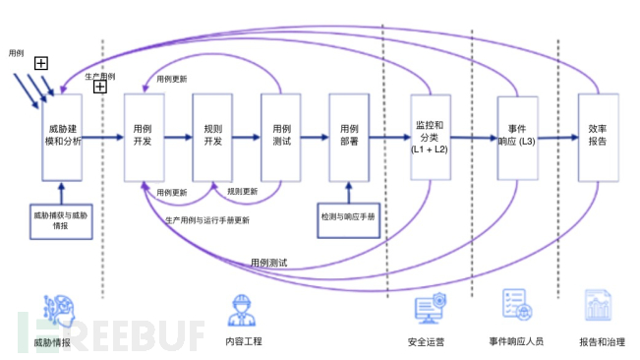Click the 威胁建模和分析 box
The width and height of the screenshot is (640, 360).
coord(62,137)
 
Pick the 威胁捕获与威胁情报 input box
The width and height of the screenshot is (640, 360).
coord(61,220)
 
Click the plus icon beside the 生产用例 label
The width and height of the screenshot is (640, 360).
coord(100,87)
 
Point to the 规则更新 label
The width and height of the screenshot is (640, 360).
coord(243,191)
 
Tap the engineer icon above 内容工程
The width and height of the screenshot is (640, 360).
coord(240,310)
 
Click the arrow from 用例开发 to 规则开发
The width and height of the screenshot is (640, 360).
coord(178,137)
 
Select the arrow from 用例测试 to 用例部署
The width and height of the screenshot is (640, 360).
coord(315,137)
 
